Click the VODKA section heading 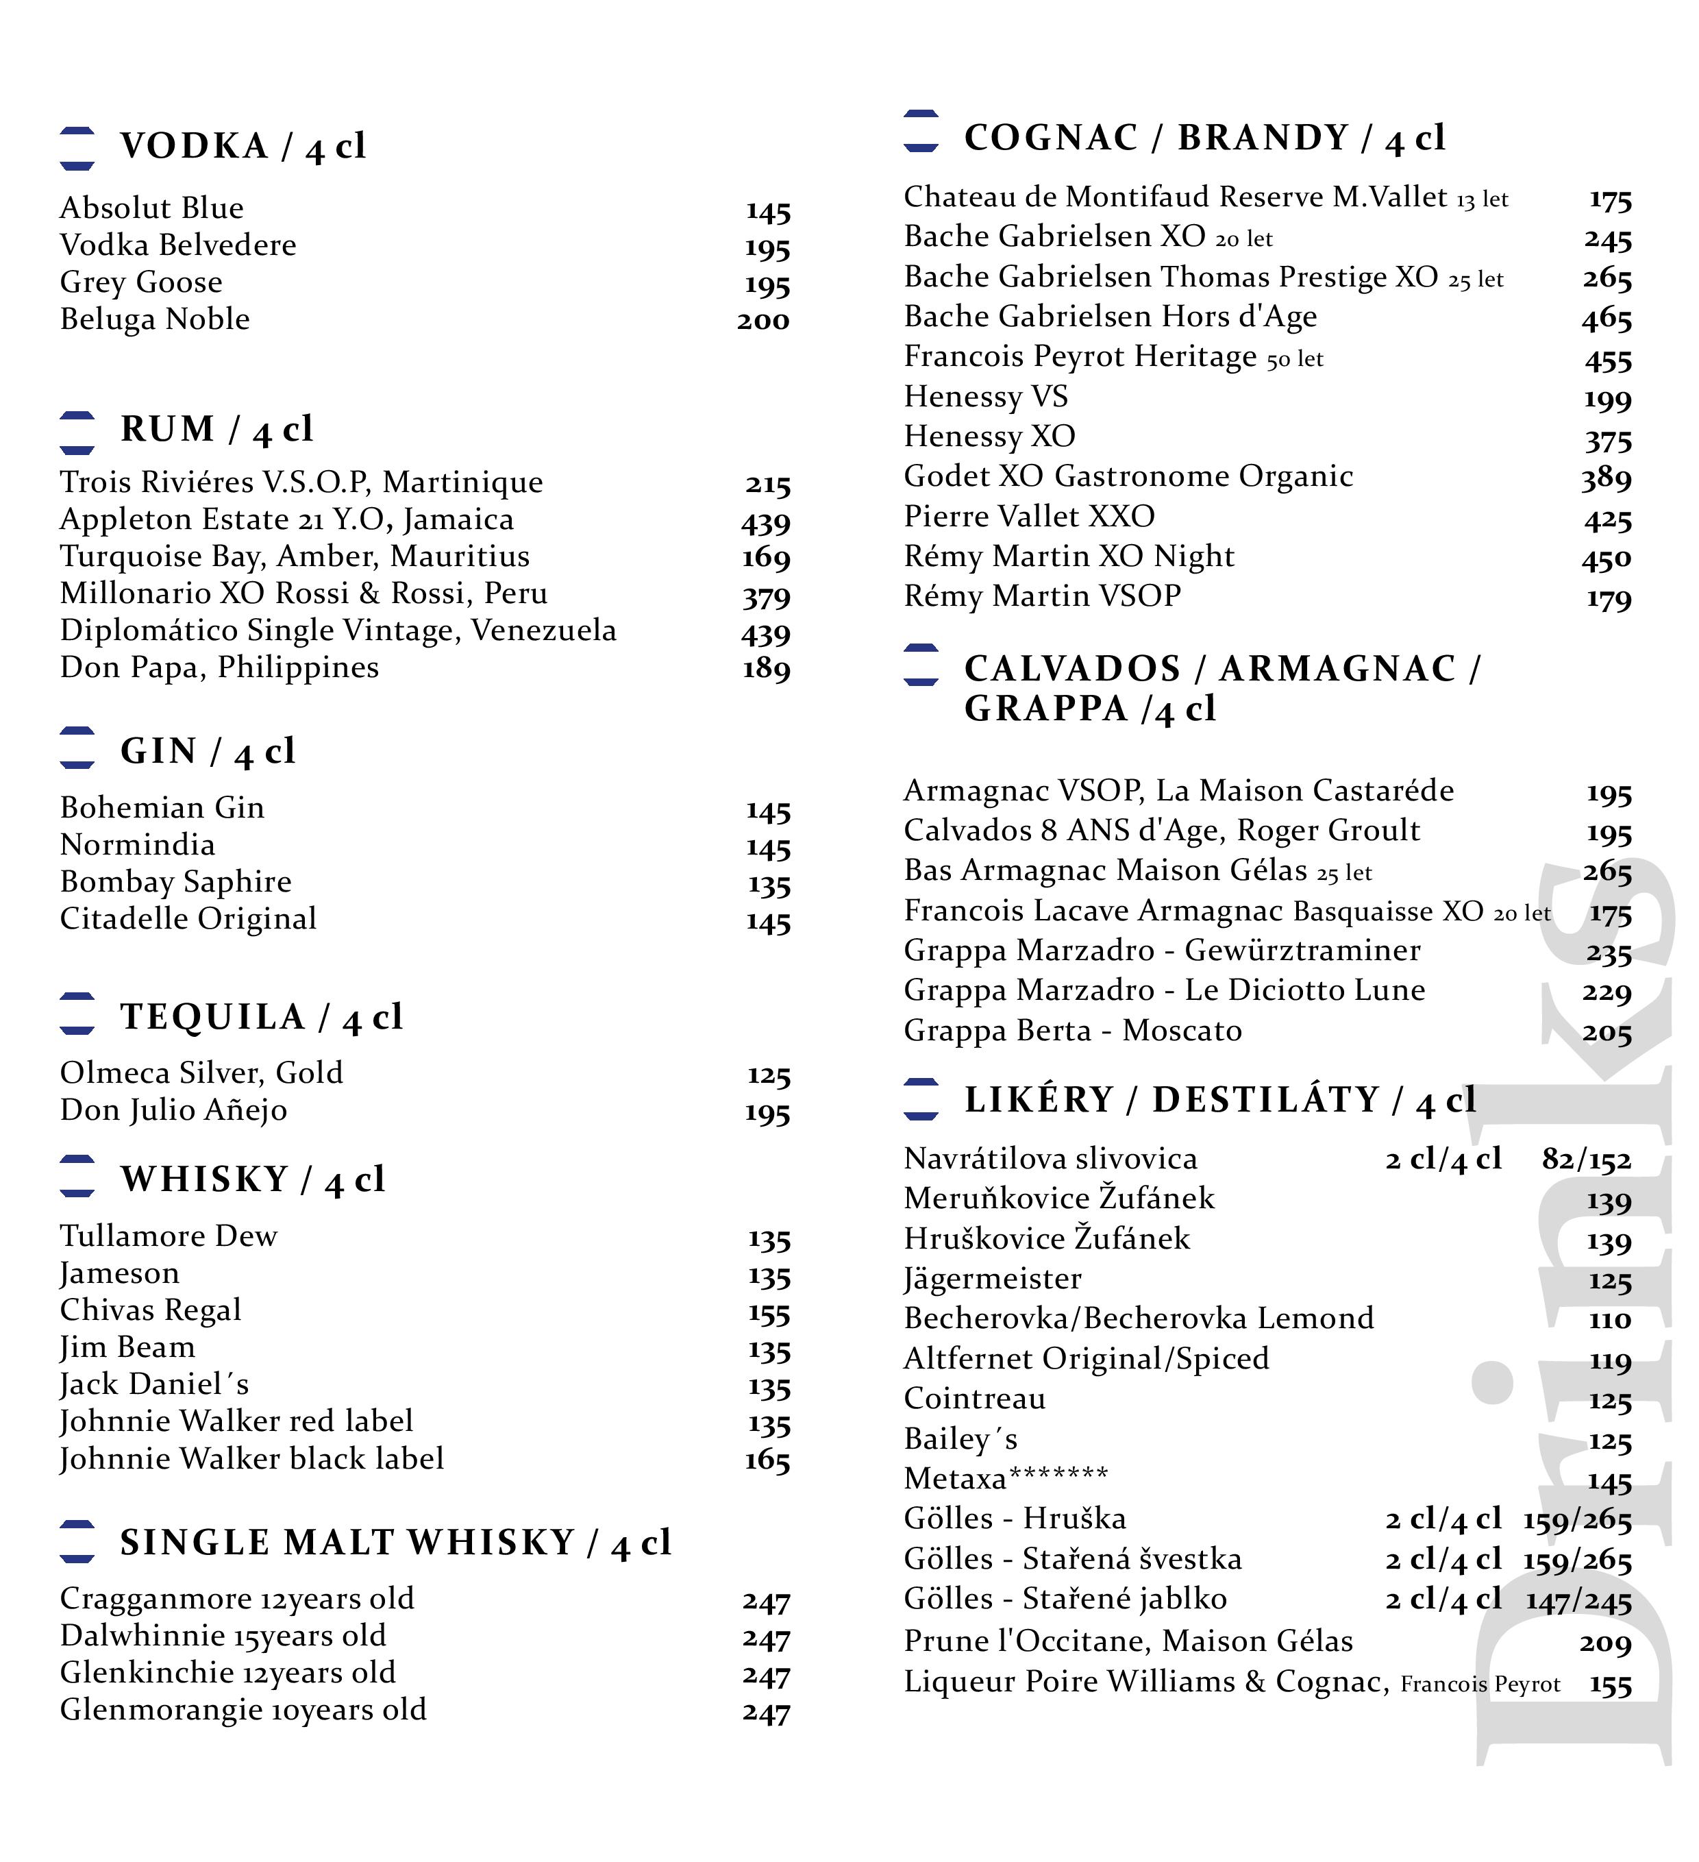click(242, 146)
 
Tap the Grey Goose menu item click(141, 282)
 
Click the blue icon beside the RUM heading click(77, 432)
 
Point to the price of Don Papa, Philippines click(767, 669)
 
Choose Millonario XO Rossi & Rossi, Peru click(303, 593)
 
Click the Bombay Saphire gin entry click(175, 882)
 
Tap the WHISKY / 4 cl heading click(252, 1179)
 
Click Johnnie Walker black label click(252, 1458)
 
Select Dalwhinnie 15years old click(223, 1636)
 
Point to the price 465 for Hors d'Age click(1607, 319)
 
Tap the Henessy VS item click(985, 396)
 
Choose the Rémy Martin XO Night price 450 click(1606, 559)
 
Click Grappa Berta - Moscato click(1072, 1031)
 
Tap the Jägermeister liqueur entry click(992, 1279)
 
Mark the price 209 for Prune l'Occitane click(1605, 1642)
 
